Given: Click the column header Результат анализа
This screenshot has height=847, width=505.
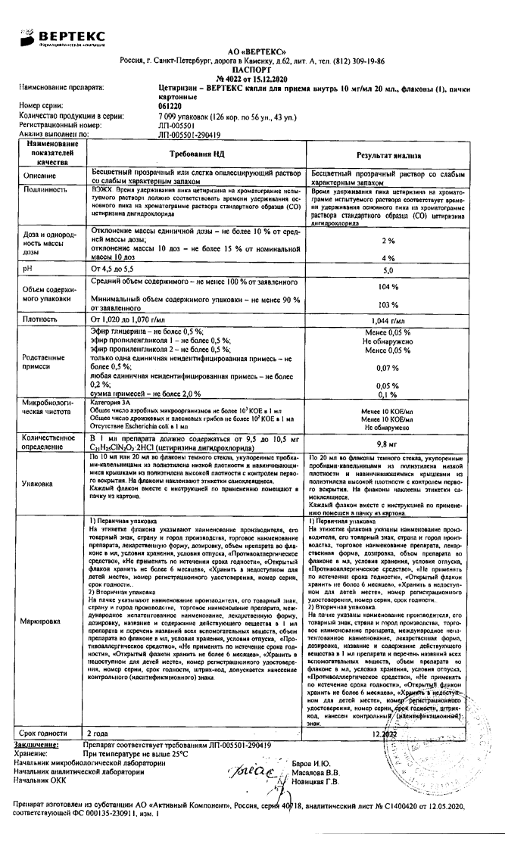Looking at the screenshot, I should pos(389,154).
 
